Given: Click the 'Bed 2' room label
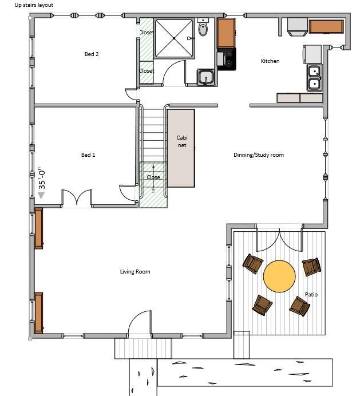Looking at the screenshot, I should click(x=92, y=54).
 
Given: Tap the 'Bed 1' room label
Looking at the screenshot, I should click(x=88, y=155).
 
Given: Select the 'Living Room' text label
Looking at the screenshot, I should click(x=135, y=272).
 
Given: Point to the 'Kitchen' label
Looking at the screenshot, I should click(x=270, y=61).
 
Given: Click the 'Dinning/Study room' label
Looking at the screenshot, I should click(x=259, y=155).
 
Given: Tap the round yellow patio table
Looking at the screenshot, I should click(x=279, y=276).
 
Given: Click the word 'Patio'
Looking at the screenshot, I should click(x=311, y=295).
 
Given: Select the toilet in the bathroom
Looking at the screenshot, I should click(x=203, y=29).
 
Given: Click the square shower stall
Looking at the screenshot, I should click(x=174, y=38).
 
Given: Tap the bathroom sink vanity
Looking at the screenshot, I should click(x=206, y=77).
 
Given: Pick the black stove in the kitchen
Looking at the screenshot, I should click(x=226, y=59).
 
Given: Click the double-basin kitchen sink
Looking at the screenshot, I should click(x=314, y=78).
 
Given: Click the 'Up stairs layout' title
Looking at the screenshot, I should click(x=34, y=5).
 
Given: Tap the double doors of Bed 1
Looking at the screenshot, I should click(x=77, y=198).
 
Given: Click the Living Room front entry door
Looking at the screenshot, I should click(x=140, y=324).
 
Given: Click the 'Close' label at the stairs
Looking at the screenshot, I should click(x=153, y=177).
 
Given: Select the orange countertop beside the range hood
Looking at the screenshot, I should click(x=326, y=26).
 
